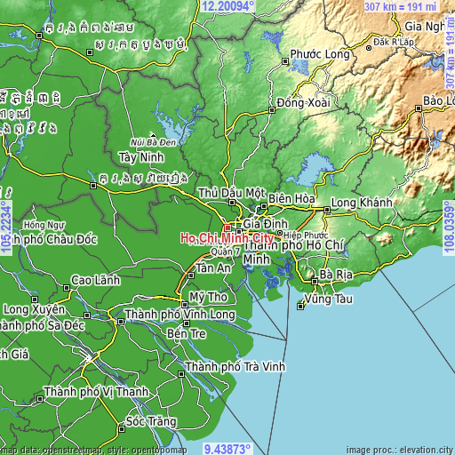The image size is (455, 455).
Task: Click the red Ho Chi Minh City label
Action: (x=227, y=238)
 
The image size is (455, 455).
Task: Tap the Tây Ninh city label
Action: (x=138, y=156)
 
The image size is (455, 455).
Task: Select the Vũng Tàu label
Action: (x=326, y=299)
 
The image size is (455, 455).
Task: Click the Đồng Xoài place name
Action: (x=303, y=103)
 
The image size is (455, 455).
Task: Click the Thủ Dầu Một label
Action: (x=232, y=192)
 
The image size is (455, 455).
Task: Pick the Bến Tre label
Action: (x=186, y=333)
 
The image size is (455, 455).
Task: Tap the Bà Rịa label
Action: (x=337, y=274)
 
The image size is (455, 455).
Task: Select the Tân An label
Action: (x=213, y=267)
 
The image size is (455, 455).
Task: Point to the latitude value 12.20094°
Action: (x=227, y=6)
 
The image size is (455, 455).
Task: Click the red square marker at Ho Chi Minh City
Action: (x=227, y=227)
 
